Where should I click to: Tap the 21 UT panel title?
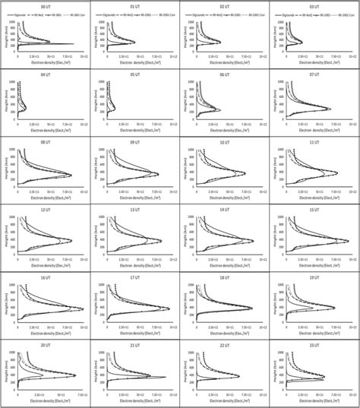pos(134,345)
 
